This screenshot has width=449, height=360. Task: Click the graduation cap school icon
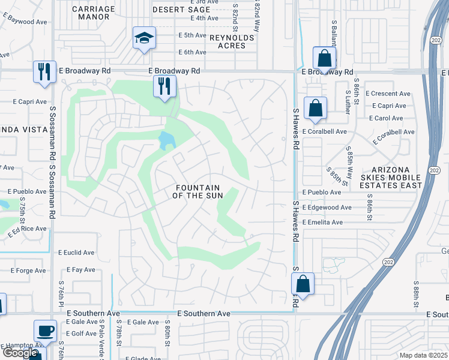point(144,38)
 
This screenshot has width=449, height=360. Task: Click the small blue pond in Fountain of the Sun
point(166,141)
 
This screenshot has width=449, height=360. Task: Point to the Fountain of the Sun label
point(198,191)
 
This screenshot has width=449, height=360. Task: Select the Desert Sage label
point(181,10)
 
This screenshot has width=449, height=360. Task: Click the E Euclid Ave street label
point(76,253)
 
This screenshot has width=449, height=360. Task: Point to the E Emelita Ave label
point(322,223)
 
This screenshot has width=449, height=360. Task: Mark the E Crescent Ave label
point(391,94)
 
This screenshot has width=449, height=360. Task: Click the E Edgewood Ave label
point(327,208)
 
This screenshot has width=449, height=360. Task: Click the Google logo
point(20,353)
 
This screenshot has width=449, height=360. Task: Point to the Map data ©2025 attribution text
point(423,355)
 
